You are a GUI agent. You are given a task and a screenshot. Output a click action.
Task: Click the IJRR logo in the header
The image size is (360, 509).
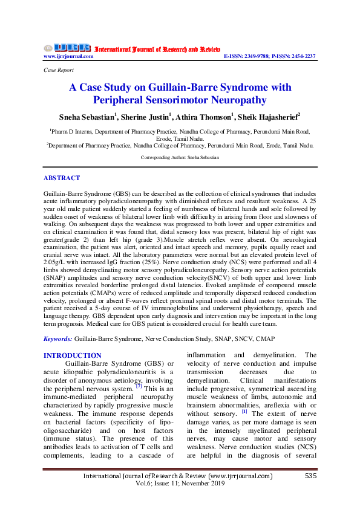point(67,48)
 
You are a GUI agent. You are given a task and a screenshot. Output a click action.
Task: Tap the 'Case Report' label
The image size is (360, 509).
point(57,71)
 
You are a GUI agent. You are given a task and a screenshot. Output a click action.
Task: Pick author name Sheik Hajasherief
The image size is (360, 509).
point(277,117)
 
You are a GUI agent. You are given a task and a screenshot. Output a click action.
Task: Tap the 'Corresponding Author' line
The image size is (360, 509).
point(180,157)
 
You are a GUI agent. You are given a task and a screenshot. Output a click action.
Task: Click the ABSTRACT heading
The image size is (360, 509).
point(61,178)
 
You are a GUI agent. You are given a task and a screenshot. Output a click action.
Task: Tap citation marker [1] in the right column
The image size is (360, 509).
point(244,412)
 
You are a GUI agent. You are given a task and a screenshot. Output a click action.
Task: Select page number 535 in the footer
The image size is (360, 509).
point(310,476)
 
